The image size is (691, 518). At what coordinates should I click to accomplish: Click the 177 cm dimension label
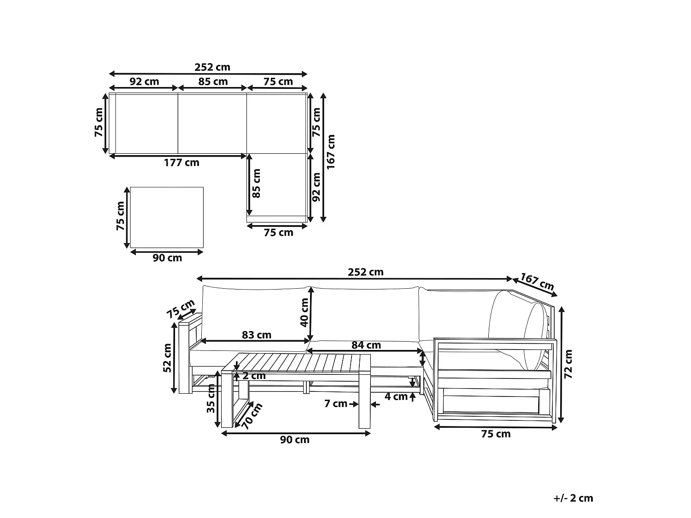click(182, 163)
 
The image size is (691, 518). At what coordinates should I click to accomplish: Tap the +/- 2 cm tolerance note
click(573, 498)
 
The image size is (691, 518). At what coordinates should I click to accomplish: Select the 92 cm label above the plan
click(144, 81)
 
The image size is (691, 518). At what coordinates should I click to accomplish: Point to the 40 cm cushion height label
click(304, 312)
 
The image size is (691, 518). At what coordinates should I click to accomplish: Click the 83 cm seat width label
click(257, 335)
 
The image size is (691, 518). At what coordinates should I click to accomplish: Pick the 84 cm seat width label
click(366, 345)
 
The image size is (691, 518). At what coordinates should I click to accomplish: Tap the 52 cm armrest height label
click(167, 358)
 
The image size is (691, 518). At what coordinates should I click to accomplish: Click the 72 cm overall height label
click(568, 364)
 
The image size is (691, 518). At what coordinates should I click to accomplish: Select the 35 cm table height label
click(211, 398)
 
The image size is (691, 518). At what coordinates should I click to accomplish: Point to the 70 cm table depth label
click(252, 416)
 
